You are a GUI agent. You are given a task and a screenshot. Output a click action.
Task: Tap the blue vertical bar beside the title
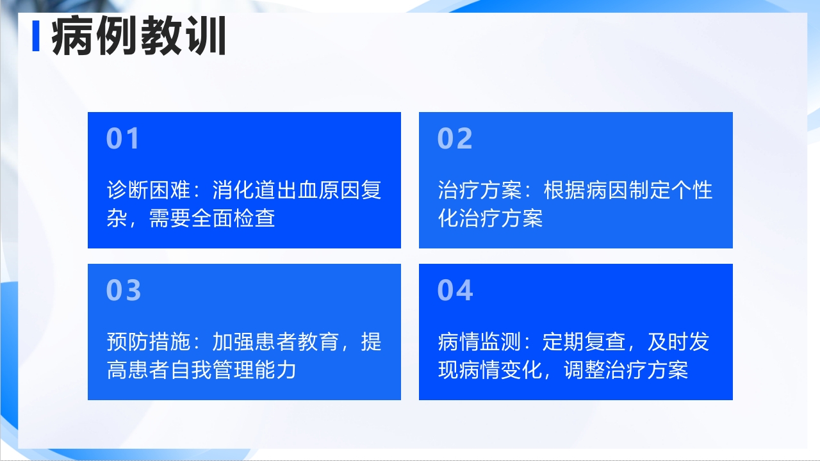click(x=36, y=37)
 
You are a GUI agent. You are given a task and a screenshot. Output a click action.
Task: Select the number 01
click(x=122, y=139)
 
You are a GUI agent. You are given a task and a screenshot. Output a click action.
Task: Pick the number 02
click(x=455, y=139)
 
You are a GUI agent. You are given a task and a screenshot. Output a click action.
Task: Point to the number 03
click(x=124, y=290)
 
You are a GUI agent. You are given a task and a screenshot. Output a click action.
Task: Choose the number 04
click(x=455, y=290)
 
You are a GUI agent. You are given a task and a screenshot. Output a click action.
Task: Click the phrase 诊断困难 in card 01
click(x=148, y=190)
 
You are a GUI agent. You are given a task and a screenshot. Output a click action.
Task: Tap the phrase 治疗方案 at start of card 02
click(x=480, y=190)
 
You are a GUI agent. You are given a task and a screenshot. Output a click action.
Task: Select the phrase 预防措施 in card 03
click(x=148, y=342)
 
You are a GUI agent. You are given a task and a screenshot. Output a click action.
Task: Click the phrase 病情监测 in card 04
click(x=480, y=342)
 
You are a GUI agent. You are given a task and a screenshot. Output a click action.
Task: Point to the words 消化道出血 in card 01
click(x=265, y=190)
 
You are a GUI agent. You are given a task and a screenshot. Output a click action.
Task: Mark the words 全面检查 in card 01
click(x=234, y=218)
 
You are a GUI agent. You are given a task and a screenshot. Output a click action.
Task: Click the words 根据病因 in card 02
click(x=586, y=190)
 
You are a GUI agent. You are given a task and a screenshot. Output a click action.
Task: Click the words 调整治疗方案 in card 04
click(x=626, y=370)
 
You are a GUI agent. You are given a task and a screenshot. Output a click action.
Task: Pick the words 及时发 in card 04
click(x=678, y=342)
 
